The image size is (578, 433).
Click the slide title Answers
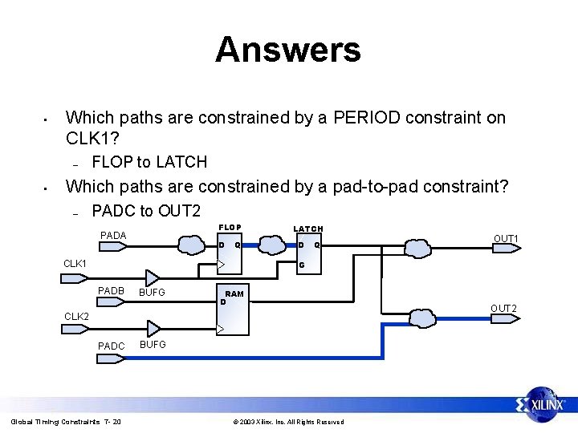[x=287, y=50]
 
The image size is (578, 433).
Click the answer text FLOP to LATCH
[x=149, y=162]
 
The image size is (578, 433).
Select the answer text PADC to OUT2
[x=146, y=211]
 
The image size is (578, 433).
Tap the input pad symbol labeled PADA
[x=112, y=247]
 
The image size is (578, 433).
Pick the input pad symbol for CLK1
[x=75, y=278]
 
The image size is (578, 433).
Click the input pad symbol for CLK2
[x=75, y=330]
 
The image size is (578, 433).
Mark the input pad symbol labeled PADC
[x=112, y=358]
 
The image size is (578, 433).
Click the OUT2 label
[x=503, y=309]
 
